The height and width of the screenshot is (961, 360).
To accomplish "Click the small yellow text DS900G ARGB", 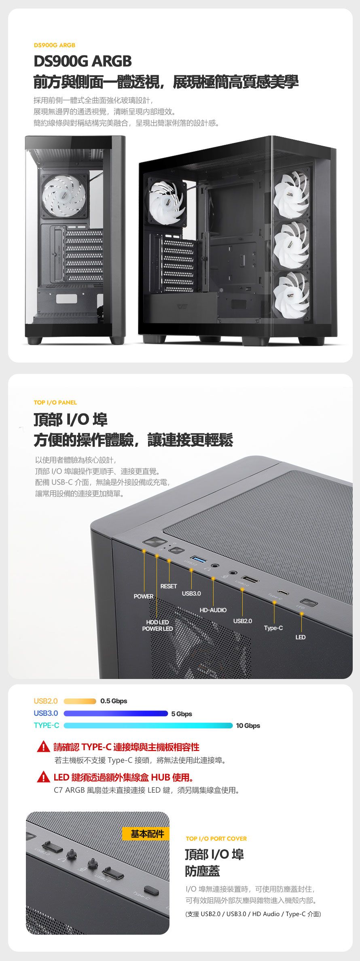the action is coord(54,45).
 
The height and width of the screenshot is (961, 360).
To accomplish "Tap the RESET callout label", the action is coord(169,586).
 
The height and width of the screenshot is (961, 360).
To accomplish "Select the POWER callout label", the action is coord(144,596).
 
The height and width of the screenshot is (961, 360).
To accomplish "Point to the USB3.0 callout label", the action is coord(191,594).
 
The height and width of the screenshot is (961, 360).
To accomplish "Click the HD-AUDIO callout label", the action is coord(213,610).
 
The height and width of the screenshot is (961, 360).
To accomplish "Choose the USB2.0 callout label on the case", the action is coord(243,621).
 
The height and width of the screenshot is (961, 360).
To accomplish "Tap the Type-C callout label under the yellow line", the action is coord(273,628).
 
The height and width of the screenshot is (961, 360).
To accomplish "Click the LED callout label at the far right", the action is coord(301,637).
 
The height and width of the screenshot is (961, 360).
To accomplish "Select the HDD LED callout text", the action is coord(158,622).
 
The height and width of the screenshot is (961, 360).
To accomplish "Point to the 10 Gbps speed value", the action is coord(248,726).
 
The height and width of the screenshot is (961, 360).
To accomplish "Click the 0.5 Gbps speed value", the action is coord(114,701).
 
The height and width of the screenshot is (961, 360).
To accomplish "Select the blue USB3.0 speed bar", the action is coord(116,713).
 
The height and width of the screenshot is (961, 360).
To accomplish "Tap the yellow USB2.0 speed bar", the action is coord(80,701).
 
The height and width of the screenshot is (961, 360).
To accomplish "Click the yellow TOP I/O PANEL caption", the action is coord(55,402).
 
